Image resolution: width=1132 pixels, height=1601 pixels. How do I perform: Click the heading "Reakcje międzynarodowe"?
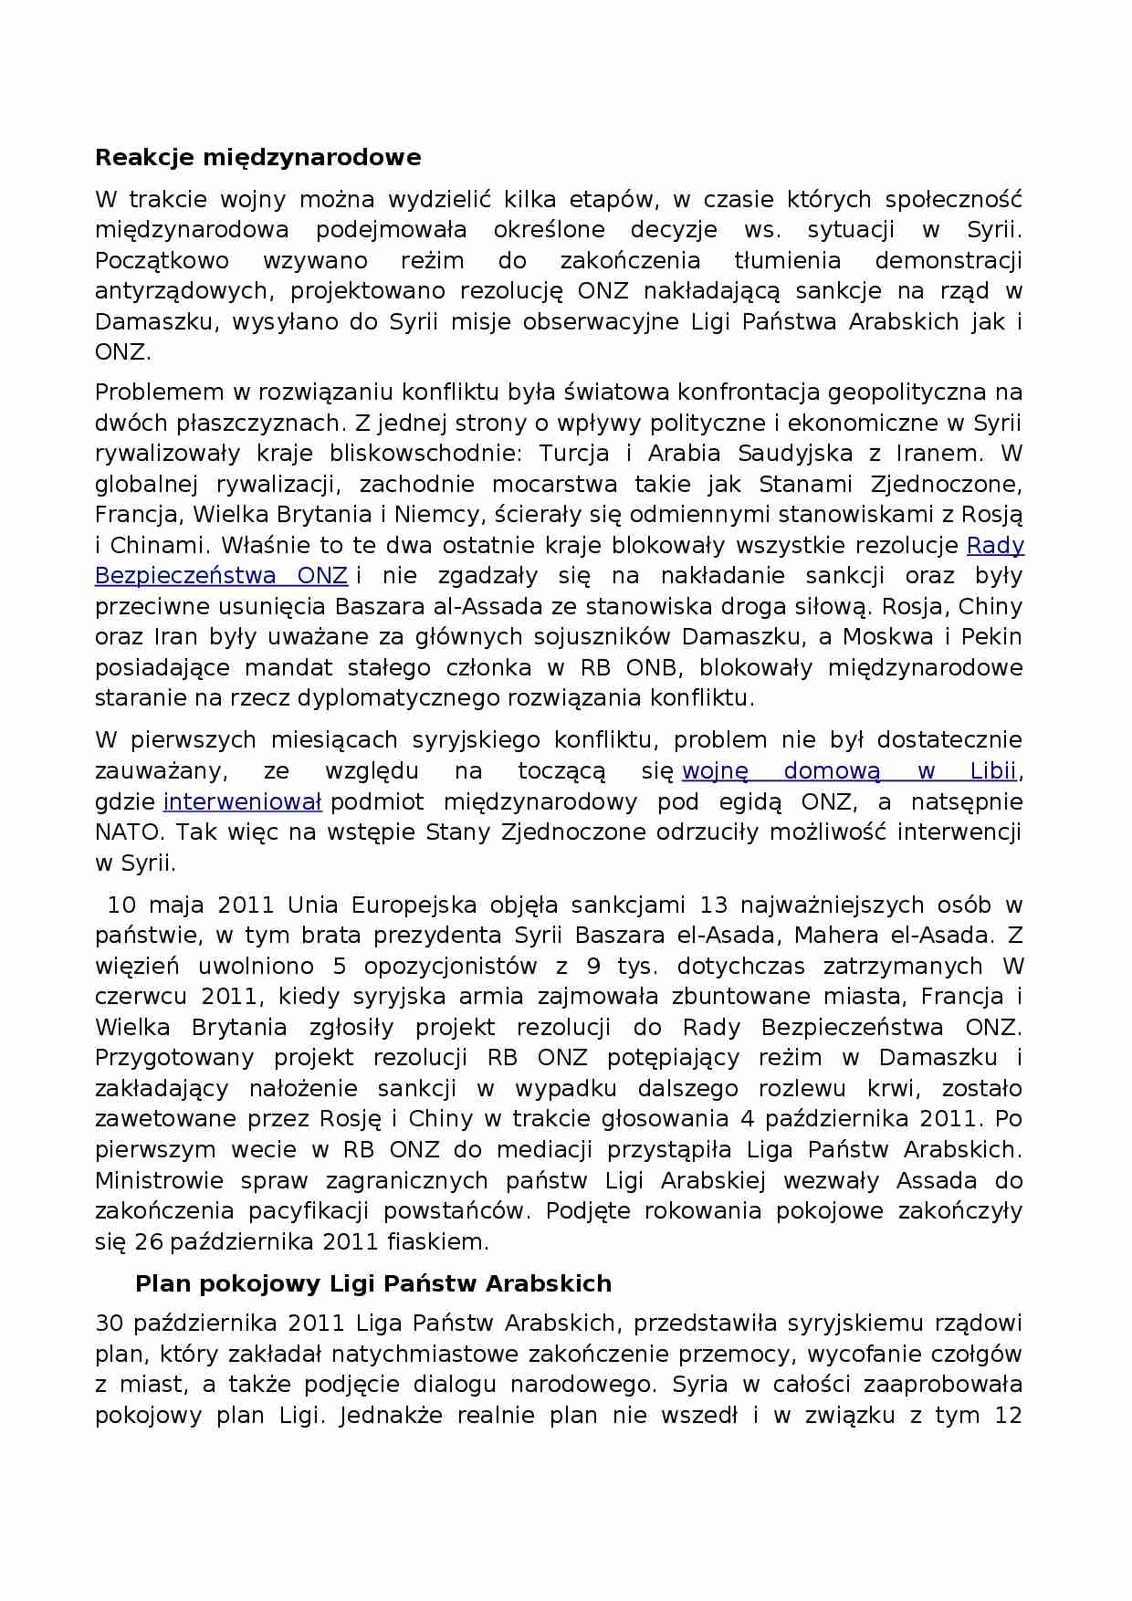[x=257, y=158]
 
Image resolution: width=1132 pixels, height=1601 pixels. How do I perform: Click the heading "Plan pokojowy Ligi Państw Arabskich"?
[x=372, y=1284]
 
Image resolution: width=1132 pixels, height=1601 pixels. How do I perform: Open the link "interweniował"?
[x=242, y=802]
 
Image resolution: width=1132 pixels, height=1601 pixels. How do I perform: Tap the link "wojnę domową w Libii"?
[x=849, y=771]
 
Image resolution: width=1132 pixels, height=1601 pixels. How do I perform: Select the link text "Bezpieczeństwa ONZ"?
[x=221, y=576]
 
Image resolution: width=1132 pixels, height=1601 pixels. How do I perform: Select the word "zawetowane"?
[x=159, y=1119]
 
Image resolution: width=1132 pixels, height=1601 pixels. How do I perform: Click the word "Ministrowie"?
[x=159, y=1181]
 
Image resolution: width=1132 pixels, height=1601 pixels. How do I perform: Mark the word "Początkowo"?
[x=162, y=261]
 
